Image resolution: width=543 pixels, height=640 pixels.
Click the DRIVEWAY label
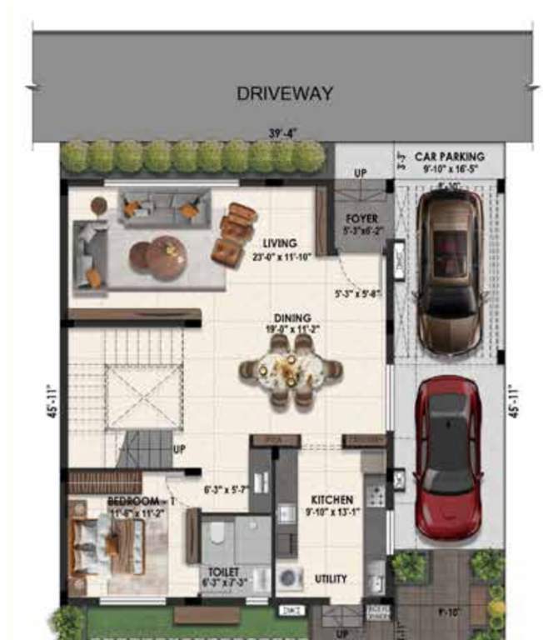285,92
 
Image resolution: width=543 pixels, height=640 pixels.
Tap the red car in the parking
449,457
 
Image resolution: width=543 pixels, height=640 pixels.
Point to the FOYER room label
361,219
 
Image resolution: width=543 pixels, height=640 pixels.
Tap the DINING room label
292,317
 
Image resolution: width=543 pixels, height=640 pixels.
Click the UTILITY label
331,578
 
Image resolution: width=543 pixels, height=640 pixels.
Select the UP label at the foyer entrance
361,173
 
